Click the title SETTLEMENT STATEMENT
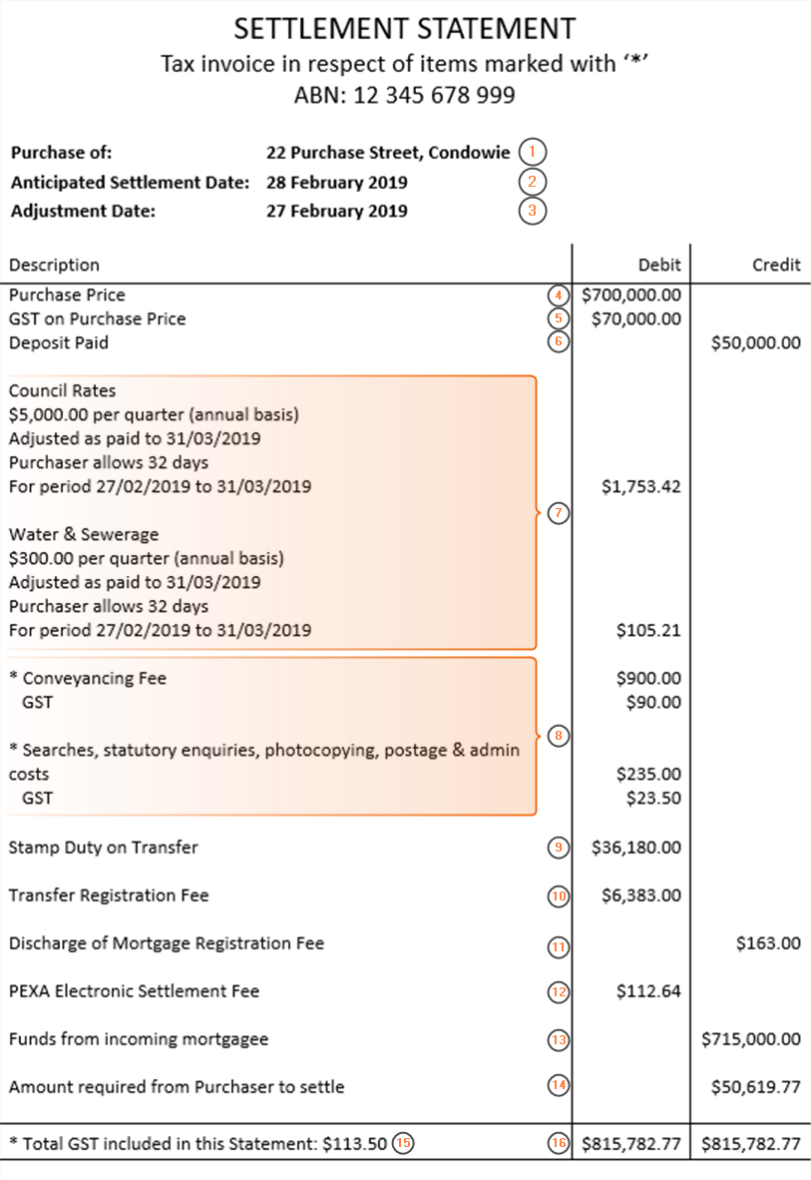tap(405, 28)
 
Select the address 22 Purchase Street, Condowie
tap(388, 153)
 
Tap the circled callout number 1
tap(534, 153)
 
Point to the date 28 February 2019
tap(336, 183)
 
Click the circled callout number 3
tap(534, 211)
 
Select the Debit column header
tap(659, 265)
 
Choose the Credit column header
tap(776, 265)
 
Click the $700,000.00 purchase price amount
tap(631, 295)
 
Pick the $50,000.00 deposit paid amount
tap(755, 342)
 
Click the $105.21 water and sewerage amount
tap(649, 630)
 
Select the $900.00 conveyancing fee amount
tap(649, 678)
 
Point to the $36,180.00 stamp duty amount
tap(636, 848)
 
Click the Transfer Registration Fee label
tap(109, 895)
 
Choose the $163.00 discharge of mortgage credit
tap(768, 943)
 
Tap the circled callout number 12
tap(559, 992)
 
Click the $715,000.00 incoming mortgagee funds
tap(750, 1039)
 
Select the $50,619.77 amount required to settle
tap(755, 1087)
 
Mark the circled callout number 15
tap(402, 1144)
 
